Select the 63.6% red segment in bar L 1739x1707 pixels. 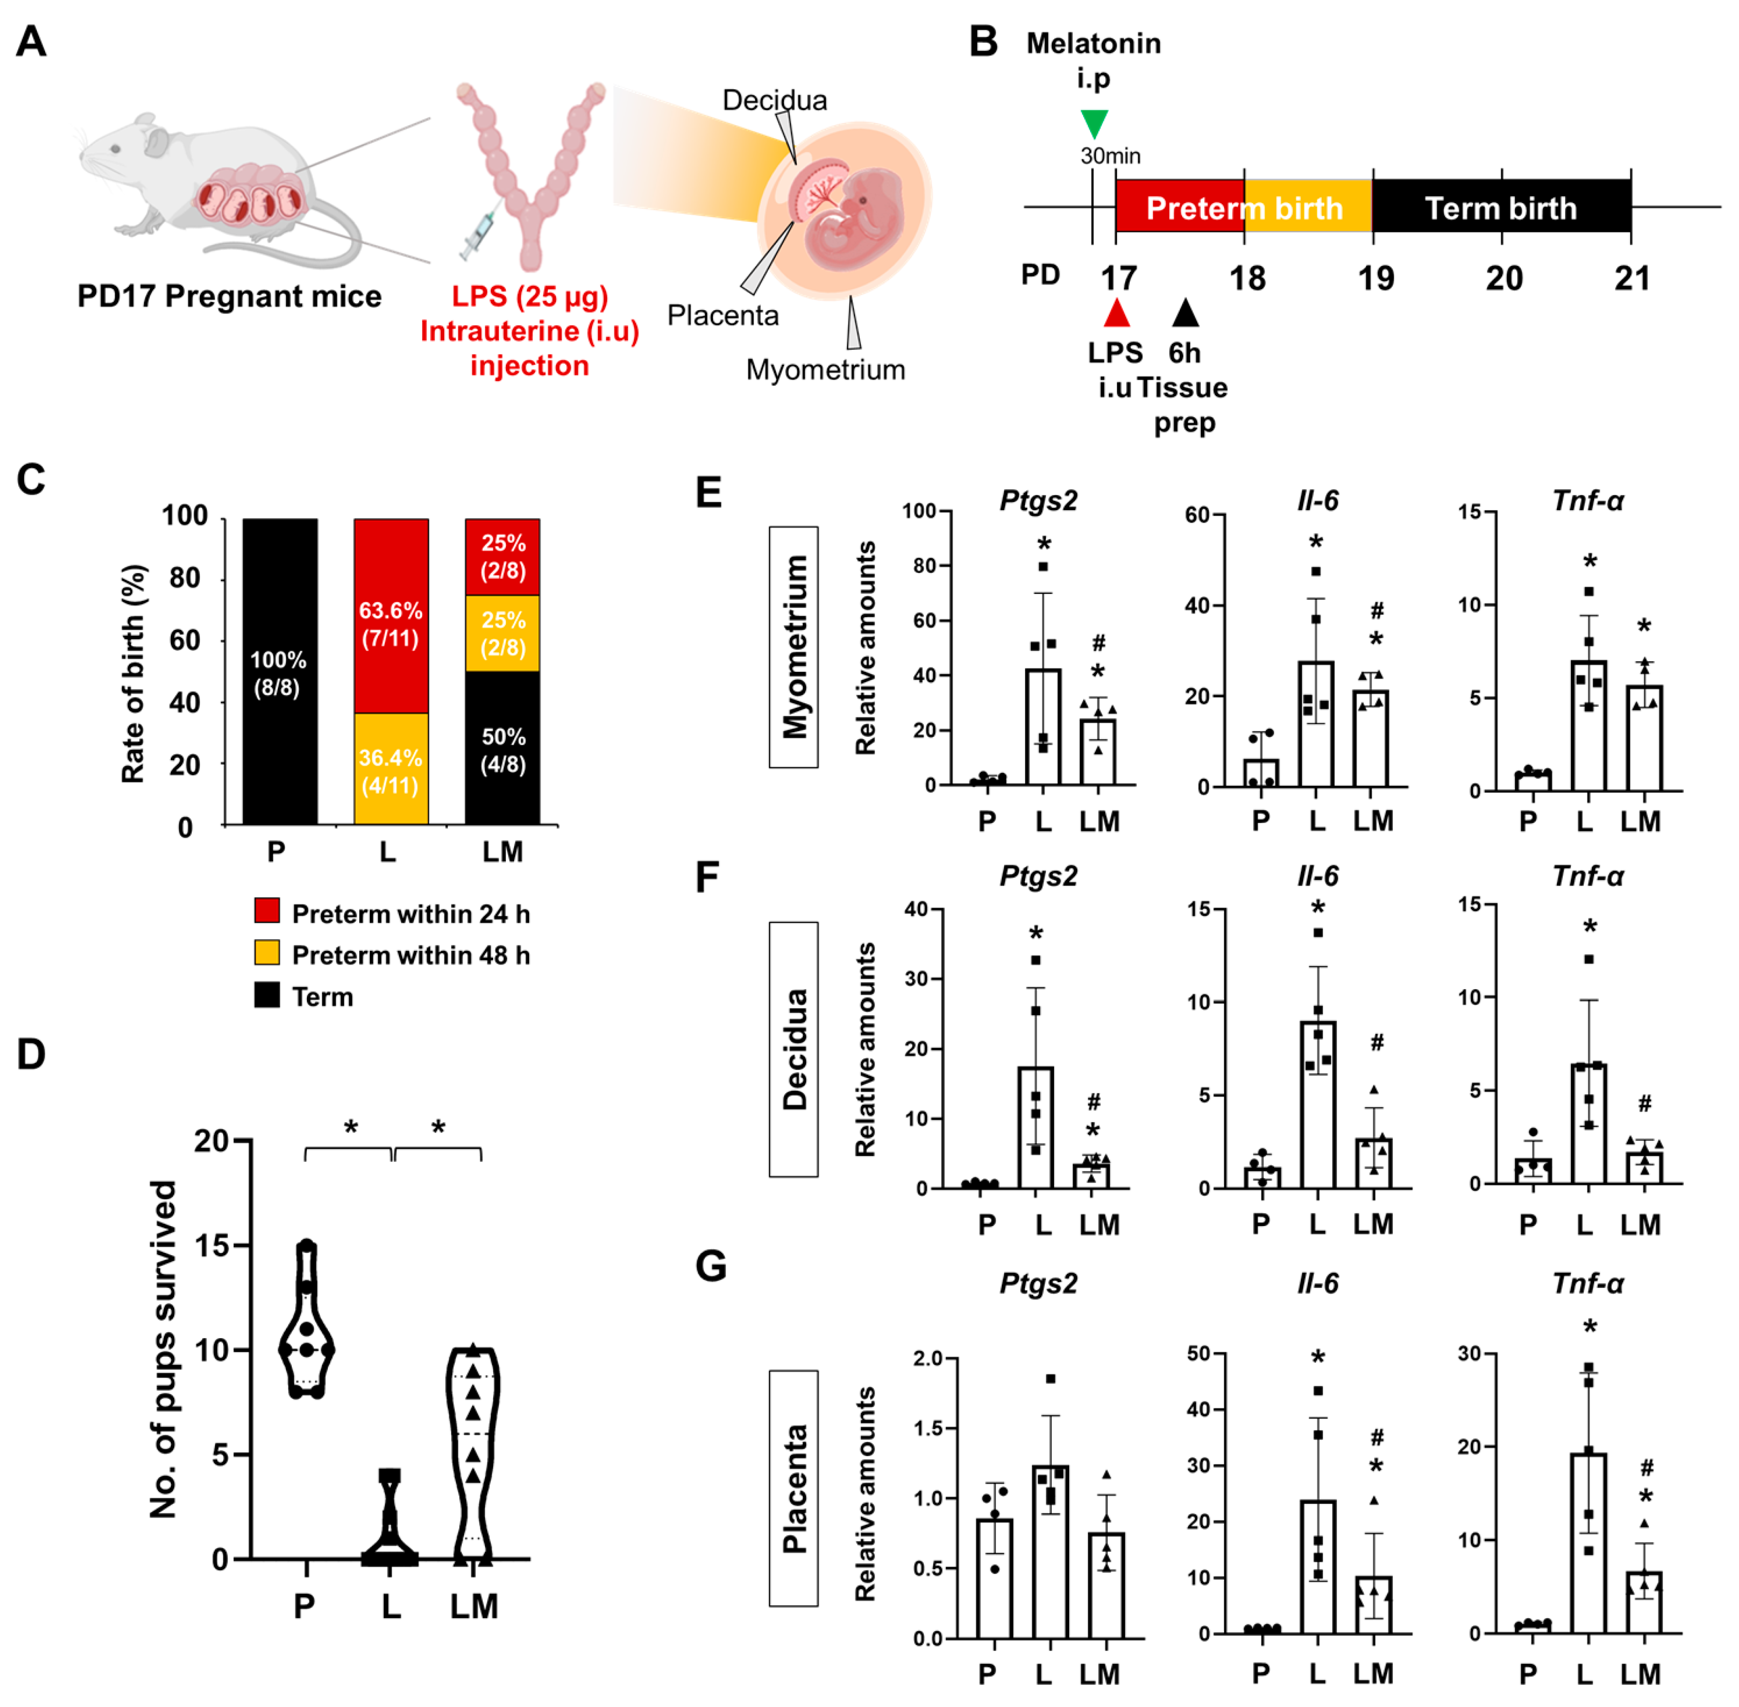point(391,616)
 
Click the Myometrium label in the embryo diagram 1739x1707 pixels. point(825,369)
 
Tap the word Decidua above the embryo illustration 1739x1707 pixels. point(775,100)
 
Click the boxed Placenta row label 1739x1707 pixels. point(793,1488)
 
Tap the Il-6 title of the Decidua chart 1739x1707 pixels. point(1317,876)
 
